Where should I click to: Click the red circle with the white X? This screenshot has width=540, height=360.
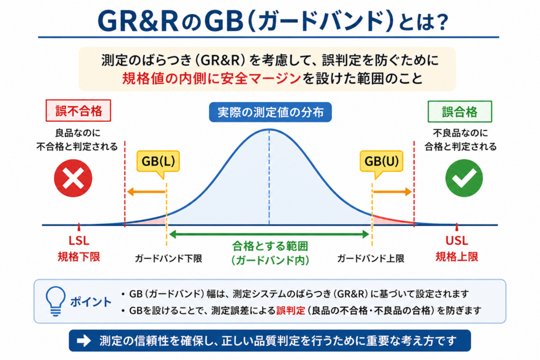tap(73, 178)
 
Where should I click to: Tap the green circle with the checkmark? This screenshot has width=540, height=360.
tap(464, 178)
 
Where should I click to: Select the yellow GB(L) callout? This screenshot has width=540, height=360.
tap(158, 162)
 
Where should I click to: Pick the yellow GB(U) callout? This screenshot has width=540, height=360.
tap(381, 162)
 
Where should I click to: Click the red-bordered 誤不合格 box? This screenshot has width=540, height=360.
tap(79, 111)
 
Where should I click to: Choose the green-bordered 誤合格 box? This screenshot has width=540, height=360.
tap(460, 112)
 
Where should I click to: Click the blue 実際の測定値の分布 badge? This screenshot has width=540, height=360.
tap(271, 112)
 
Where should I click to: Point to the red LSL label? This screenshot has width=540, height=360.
tap(79, 240)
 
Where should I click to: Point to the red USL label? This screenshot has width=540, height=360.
tap(457, 240)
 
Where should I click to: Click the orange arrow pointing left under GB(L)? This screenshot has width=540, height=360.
tap(147, 192)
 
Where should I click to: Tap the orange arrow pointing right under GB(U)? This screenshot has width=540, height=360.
tap(392, 192)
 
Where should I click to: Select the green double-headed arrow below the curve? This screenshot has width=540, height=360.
tap(269, 235)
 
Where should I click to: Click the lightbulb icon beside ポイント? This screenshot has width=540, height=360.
tap(55, 301)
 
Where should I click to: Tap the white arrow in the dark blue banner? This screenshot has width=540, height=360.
tap(83, 340)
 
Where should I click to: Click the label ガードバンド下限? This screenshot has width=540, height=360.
tap(168, 258)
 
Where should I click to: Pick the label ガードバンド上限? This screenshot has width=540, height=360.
tap(371, 258)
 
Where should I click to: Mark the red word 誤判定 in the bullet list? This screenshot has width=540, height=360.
tap(291, 310)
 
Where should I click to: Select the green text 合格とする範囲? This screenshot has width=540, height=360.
tap(270, 246)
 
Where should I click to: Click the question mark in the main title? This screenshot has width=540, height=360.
tap(440, 22)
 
